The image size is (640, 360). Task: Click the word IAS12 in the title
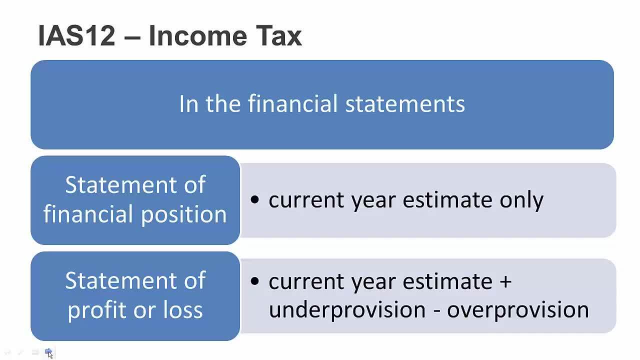pyautogui.click(x=76, y=36)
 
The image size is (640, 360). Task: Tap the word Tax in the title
pyautogui.click(x=278, y=36)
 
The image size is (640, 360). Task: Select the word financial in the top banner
pyautogui.click(x=292, y=104)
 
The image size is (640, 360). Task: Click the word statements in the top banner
pyautogui.click(x=405, y=104)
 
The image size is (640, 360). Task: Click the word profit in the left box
pyautogui.click(x=94, y=310)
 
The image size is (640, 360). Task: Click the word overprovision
pyautogui.click(x=517, y=310)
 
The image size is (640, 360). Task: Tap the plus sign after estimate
pyautogui.click(x=505, y=281)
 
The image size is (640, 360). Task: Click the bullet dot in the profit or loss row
pyautogui.click(x=255, y=281)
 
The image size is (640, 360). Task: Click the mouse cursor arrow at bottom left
pyautogui.click(x=49, y=354)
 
